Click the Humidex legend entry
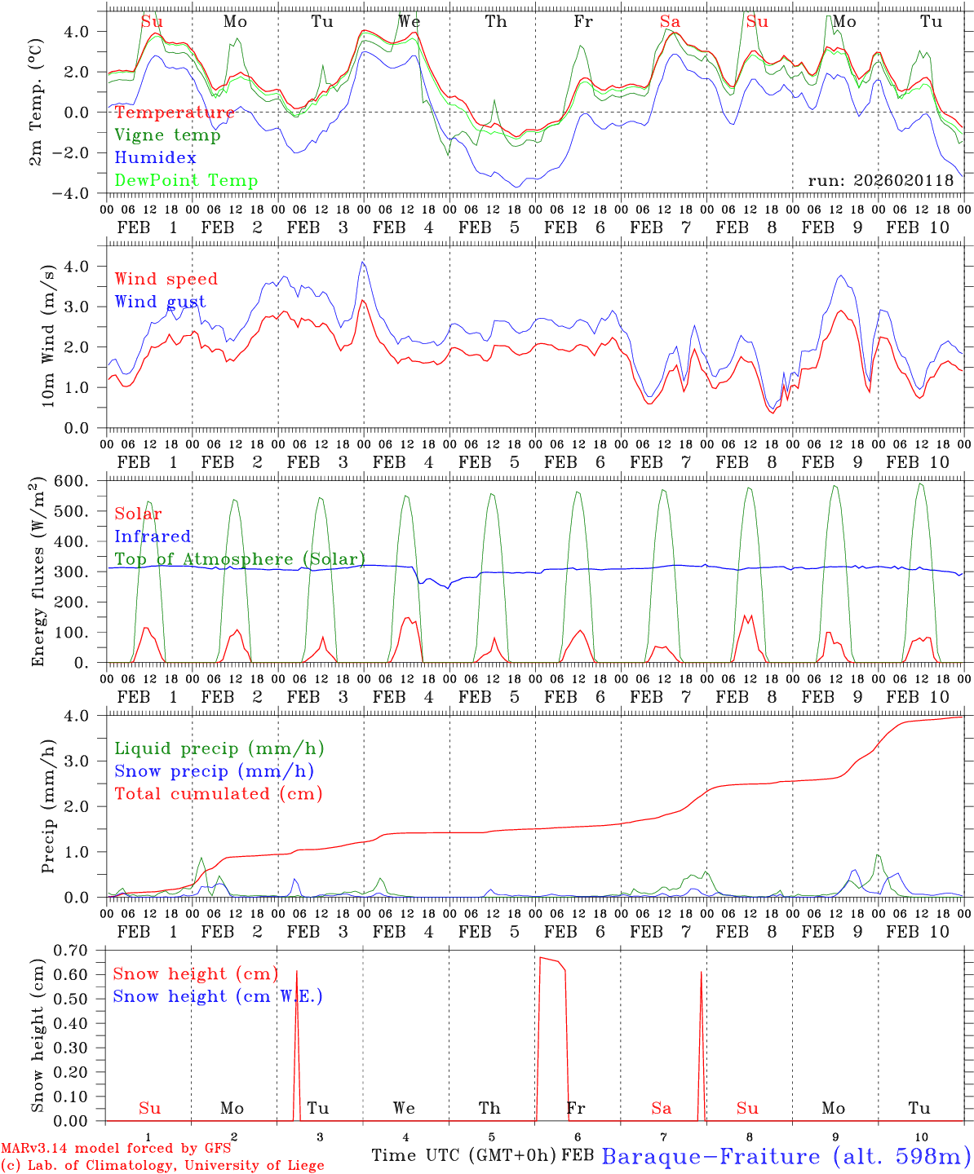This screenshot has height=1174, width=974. (155, 158)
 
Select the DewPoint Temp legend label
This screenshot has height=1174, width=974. (186, 181)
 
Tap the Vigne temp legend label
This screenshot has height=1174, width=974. (167, 135)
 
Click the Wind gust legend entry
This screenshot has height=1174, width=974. (160, 302)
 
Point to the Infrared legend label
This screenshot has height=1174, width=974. (153, 536)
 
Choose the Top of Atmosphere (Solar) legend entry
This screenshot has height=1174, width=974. (240, 559)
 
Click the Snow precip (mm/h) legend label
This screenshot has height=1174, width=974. (214, 771)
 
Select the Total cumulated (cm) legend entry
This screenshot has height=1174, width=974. (218, 794)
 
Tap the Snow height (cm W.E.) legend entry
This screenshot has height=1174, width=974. (218, 996)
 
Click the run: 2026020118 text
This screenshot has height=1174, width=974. (880, 181)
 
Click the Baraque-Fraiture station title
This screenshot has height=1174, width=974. (786, 1156)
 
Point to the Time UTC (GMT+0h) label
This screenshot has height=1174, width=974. (464, 1155)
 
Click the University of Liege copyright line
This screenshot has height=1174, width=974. (162, 1166)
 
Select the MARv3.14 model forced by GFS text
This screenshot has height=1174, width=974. (116, 1149)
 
